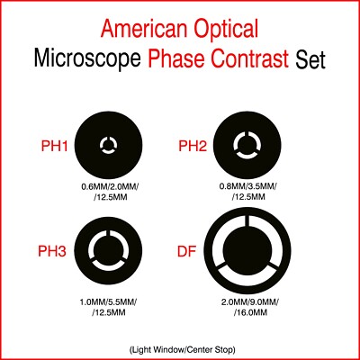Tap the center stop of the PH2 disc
[x=246, y=142]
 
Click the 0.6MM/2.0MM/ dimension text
[x=109, y=187]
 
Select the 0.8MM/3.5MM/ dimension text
[x=246, y=187]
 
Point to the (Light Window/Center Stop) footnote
[x=180, y=346]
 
